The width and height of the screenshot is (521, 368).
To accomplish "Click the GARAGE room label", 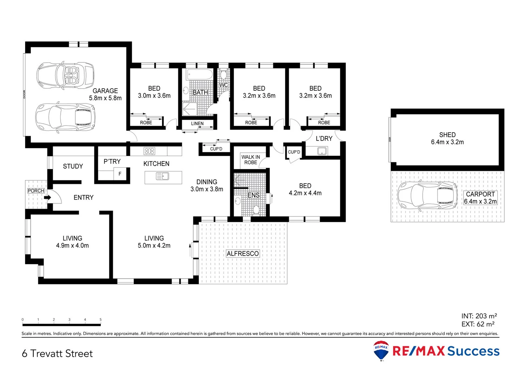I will [x=105, y=91].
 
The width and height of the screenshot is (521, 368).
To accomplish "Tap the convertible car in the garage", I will [x=65, y=75].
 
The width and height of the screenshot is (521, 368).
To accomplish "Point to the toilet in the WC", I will [x=223, y=75].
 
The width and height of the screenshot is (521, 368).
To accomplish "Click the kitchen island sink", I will [x=162, y=176].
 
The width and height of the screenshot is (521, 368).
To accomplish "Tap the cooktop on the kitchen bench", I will [x=149, y=151].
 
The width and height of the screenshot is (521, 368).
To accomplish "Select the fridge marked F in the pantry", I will [x=120, y=174].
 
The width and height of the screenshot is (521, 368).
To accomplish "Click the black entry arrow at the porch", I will [x=47, y=197].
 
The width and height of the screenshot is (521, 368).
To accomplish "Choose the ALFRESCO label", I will [x=243, y=254].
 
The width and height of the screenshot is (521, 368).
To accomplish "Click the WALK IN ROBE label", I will [x=251, y=160].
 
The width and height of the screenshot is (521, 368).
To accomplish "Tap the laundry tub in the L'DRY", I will [x=322, y=151].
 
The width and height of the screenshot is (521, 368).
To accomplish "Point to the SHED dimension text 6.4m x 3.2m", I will [x=447, y=142].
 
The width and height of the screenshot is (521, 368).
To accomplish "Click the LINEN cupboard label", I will [x=197, y=124].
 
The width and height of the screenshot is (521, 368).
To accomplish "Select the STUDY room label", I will [x=73, y=166].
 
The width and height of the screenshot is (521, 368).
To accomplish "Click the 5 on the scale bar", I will [x=100, y=320].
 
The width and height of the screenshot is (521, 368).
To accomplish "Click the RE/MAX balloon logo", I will [x=381, y=350].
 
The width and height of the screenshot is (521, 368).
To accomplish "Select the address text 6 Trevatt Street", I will [x=57, y=353].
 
